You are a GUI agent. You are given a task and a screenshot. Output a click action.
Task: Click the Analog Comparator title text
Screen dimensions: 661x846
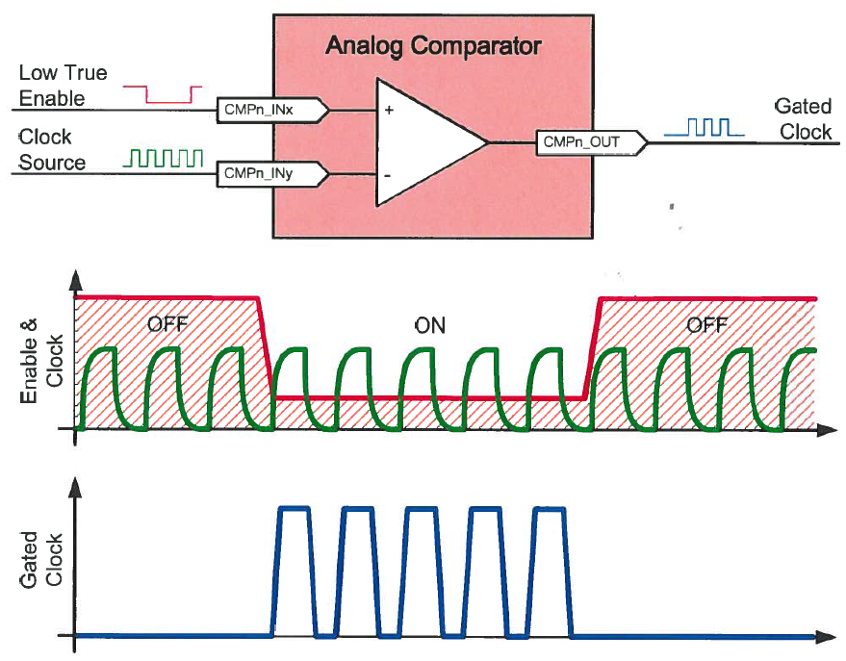432,45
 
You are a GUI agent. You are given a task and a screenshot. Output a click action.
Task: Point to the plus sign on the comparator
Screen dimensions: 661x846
389,110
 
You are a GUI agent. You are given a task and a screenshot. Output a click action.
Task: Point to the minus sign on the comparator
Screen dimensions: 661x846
389,175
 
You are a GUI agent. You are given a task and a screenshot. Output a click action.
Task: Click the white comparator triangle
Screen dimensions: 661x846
423,142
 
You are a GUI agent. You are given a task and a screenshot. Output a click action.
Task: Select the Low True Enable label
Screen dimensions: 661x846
64,85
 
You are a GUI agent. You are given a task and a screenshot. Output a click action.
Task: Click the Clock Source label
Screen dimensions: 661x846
52,149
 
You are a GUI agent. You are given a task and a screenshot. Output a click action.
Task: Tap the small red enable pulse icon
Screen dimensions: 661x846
163,92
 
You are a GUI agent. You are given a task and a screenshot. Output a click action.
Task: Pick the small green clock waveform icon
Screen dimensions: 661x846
165,157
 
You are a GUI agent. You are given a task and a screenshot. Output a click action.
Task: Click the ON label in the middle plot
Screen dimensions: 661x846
429,325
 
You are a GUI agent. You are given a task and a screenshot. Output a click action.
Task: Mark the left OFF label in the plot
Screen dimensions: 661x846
167,325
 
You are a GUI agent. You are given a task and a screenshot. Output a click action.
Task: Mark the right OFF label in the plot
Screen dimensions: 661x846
707,325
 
